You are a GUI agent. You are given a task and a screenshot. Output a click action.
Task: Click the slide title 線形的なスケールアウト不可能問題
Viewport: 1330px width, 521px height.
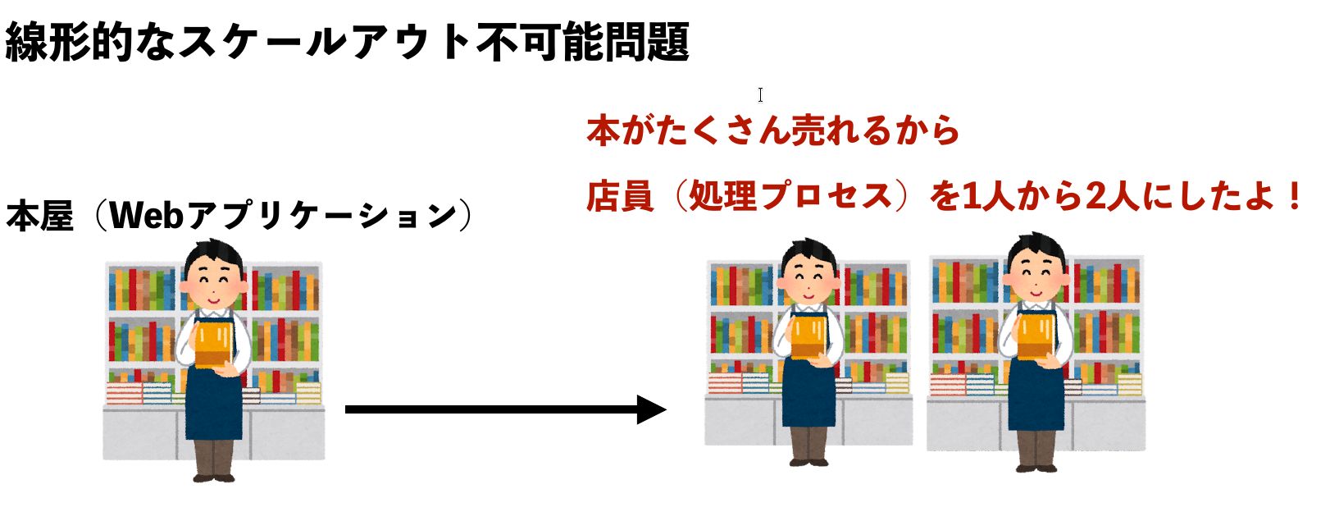click(x=348, y=42)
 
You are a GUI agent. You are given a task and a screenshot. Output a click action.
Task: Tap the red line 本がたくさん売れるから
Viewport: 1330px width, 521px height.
click(x=773, y=130)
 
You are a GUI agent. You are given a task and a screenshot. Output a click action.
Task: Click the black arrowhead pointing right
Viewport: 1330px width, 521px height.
click(x=651, y=409)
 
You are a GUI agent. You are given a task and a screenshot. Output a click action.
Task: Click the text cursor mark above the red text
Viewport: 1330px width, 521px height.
click(x=761, y=94)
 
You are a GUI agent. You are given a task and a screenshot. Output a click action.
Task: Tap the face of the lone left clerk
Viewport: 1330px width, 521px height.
click(x=214, y=281)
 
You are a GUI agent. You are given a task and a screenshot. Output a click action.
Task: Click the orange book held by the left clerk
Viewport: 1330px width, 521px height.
click(x=213, y=344)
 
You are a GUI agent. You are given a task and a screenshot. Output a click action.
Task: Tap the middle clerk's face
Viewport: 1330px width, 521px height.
click(x=808, y=279)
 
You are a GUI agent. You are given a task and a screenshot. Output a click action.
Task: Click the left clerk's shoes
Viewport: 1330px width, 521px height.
click(x=214, y=478)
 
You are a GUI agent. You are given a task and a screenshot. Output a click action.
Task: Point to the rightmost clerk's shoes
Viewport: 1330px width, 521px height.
click(x=1036, y=468)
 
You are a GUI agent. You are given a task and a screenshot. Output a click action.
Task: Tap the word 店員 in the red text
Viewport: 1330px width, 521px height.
click(x=621, y=196)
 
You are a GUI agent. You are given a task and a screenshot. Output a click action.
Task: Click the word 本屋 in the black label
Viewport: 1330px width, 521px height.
click(x=40, y=215)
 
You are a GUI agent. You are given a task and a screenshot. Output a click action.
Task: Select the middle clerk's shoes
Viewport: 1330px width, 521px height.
click(x=808, y=462)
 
